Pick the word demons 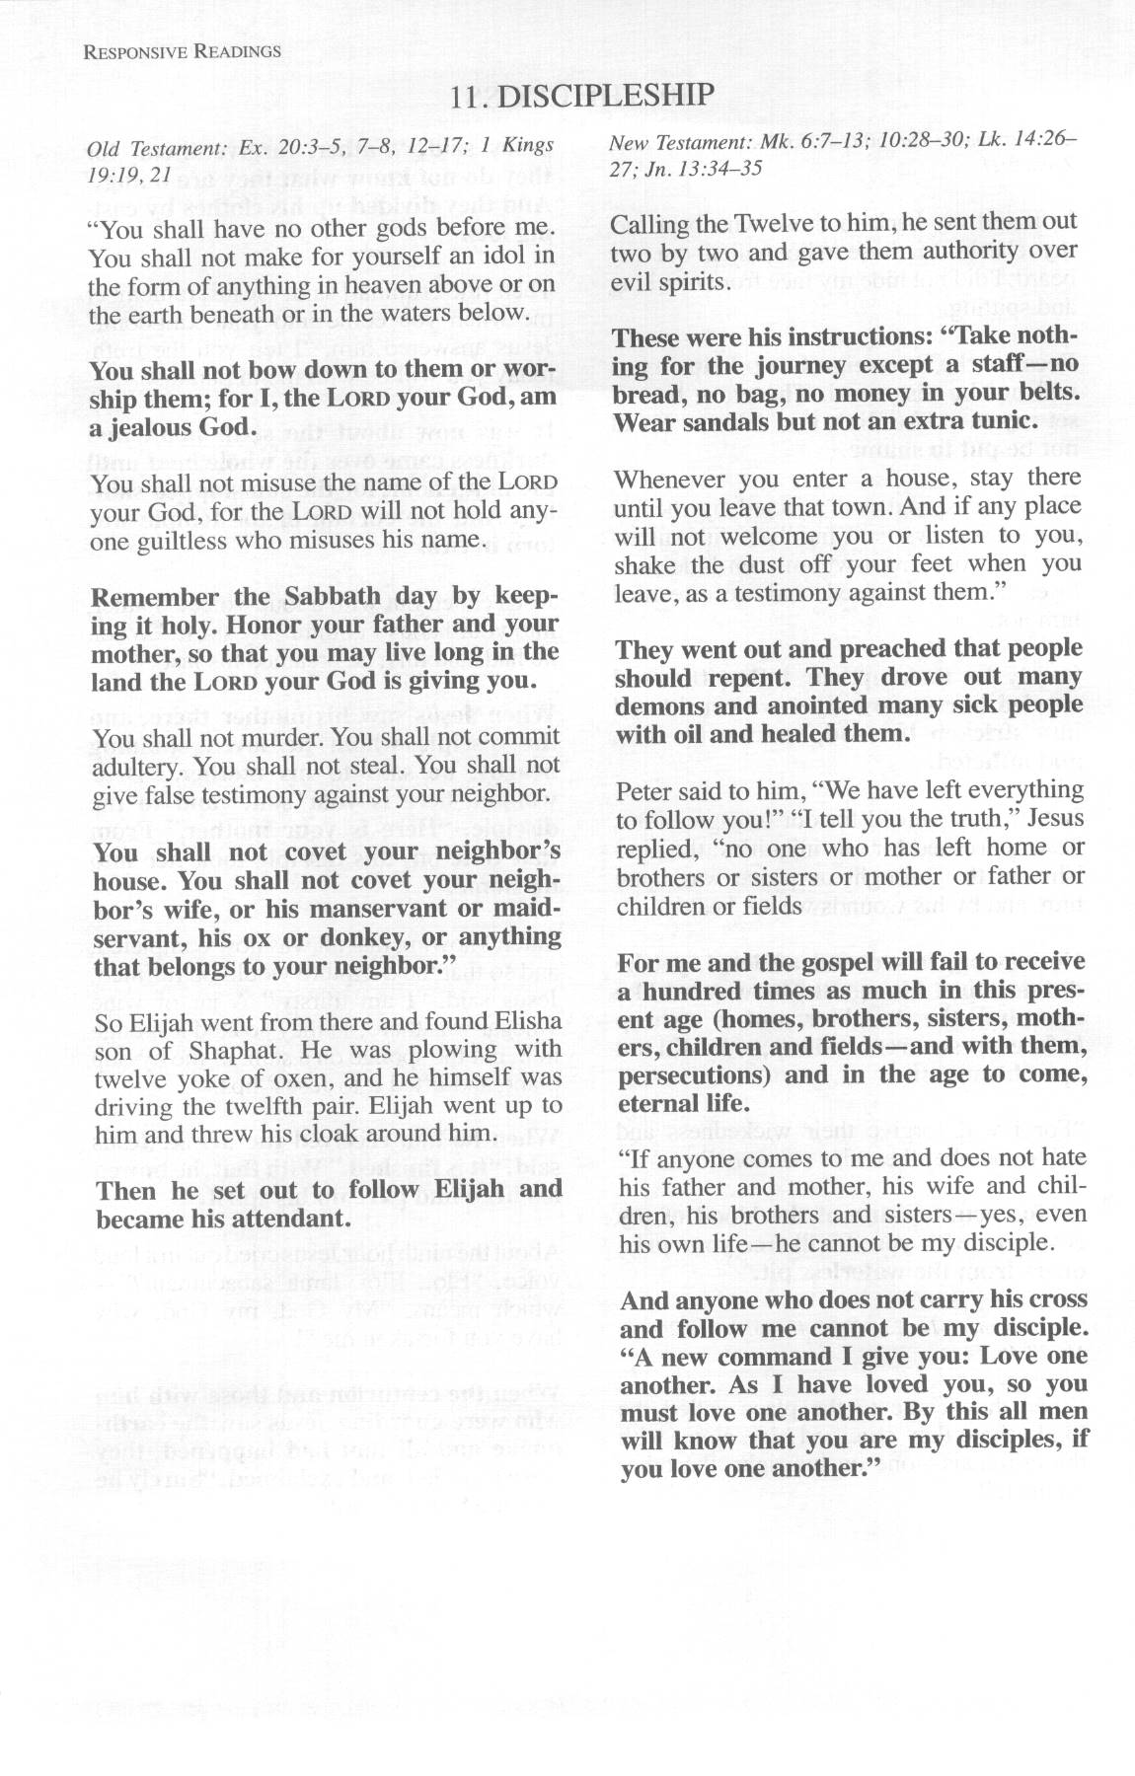pyautogui.click(x=659, y=706)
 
